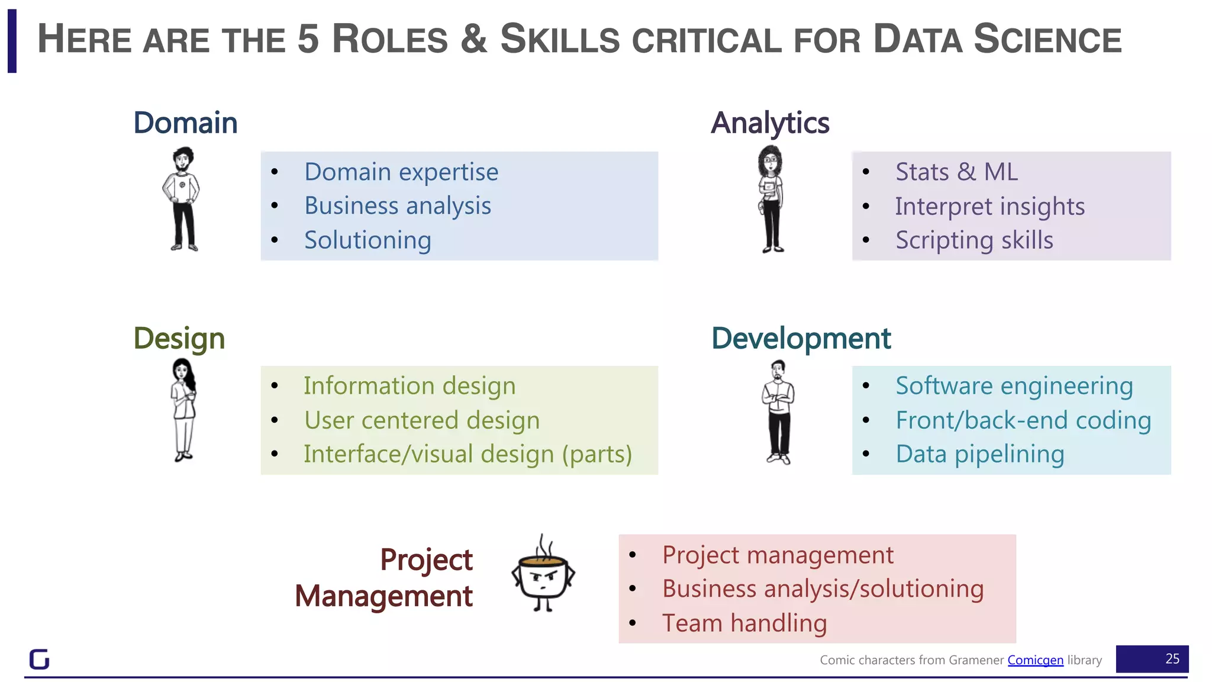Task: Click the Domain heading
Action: [185, 123]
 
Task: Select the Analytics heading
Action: [770, 123]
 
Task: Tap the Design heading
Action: [179, 339]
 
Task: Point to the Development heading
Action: [801, 339]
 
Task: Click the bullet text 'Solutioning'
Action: [368, 240]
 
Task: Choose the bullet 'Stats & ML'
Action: [956, 172]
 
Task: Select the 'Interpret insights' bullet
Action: [989, 207]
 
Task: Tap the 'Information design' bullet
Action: [410, 386]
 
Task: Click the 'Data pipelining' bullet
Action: [979, 455]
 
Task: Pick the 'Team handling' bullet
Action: [744, 623]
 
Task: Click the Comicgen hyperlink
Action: [1035, 660]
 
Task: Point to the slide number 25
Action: [1172, 659]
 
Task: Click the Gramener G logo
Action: [40, 659]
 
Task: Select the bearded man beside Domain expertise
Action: [182, 199]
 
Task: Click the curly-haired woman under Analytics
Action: [771, 199]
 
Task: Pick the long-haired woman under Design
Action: [183, 410]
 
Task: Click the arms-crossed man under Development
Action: [778, 412]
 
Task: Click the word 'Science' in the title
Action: [1047, 40]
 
